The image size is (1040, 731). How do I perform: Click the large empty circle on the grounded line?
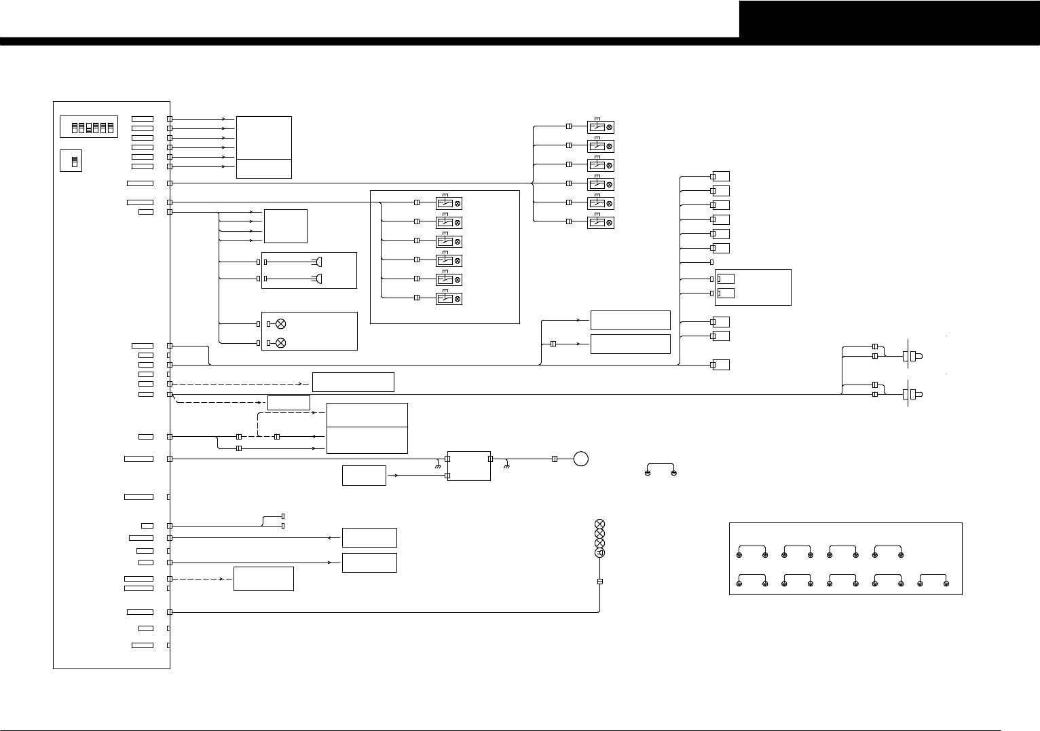(x=580, y=459)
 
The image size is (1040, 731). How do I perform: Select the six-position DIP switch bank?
(x=89, y=127)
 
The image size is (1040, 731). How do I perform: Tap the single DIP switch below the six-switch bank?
(x=71, y=160)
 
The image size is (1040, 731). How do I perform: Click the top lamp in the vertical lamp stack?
(x=599, y=524)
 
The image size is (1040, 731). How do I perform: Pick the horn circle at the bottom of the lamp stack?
(x=599, y=553)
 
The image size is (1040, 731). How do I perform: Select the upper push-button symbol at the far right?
(x=912, y=355)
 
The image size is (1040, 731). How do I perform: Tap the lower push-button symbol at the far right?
(x=912, y=394)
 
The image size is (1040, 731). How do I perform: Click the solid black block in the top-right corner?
(x=889, y=19)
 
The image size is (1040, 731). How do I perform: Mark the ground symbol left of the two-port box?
(x=438, y=465)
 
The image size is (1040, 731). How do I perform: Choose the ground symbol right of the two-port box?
(x=506, y=465)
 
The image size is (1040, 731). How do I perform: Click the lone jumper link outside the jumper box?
(x=661, y=470)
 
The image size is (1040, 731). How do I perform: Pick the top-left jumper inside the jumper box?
(x=751, y=551)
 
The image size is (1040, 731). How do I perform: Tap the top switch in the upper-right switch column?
(x=600, y=127)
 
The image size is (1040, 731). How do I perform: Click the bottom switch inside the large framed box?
(x=448, y=299)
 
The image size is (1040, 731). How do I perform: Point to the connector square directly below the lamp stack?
(x=599, y=582)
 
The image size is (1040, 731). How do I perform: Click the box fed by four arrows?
(x=285, y=226)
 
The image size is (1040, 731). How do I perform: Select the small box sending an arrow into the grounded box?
(x=364, y=476)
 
